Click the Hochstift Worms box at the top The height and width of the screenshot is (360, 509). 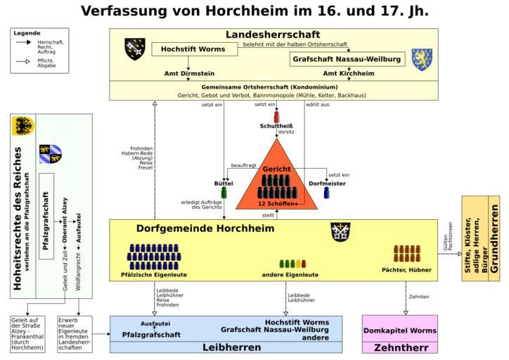pos(193,49)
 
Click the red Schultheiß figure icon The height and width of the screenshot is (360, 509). pos(276,115)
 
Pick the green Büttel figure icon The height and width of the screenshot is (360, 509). pos(224,192)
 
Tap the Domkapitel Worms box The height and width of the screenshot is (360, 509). pos(399,330)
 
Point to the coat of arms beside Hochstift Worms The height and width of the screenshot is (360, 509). pos(134,49)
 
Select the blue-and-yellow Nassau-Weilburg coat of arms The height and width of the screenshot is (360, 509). pos(422,59)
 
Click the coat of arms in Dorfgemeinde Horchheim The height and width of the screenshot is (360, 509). pos(341,232)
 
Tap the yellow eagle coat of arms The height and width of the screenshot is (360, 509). pos(24,127)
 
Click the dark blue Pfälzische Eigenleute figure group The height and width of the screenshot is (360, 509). pos(153,257)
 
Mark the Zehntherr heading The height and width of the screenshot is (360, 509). pos(399,347)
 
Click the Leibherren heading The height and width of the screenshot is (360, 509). pos(226,347)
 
